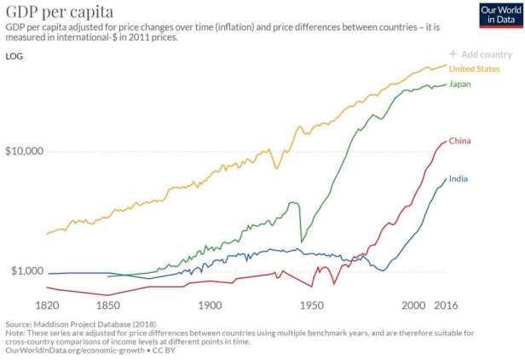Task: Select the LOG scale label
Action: (x=14, y=56)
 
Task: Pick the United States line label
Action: (x=474, y=68)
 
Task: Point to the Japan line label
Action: (x=460, y=84)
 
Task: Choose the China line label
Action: (x=460, y=140)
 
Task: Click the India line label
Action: (x=459, y=178)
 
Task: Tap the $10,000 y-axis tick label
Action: (x=25, y=151)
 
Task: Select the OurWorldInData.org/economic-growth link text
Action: (x=75, y=350)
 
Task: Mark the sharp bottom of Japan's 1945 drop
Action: (x=301, y=243)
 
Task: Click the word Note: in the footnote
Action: (x=16, y=333)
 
